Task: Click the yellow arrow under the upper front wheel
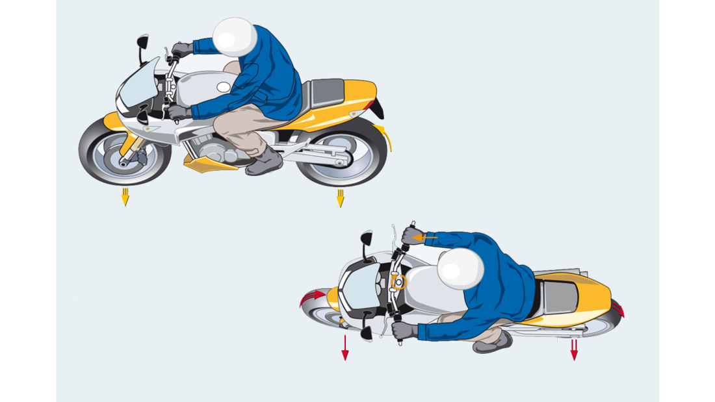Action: (125, 197)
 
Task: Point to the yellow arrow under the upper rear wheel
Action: (339, 197)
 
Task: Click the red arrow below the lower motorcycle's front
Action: (345, 347)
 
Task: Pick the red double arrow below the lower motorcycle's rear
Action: (574, 349)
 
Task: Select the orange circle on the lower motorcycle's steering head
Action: (397, 281)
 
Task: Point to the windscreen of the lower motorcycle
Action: (359, 289)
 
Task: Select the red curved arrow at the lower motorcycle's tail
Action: (617, 308)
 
